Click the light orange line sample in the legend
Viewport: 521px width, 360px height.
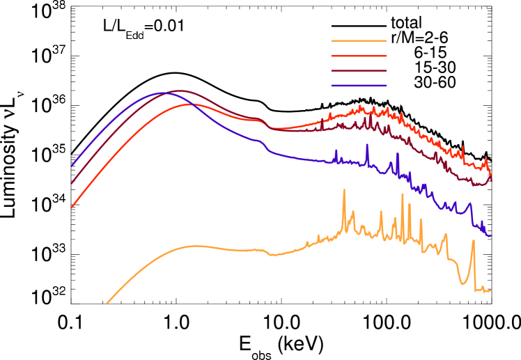[x=359, y=40]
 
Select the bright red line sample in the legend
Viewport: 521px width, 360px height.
[x=359, y=56]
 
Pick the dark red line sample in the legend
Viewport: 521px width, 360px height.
[x=359, y=70]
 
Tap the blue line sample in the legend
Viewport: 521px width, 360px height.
[x=359, y=86]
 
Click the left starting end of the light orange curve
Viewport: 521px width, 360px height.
[x=107, y=304]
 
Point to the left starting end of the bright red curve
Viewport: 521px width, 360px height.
[x=72, y=208]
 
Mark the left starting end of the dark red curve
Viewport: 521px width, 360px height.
[x=72, y=183]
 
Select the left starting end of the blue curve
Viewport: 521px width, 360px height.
[x=72, y=166]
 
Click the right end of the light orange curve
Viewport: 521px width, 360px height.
[x=491, y=290]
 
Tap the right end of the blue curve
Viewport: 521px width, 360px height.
[x=491, y=236]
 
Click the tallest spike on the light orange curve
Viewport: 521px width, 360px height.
[x=343, y=189]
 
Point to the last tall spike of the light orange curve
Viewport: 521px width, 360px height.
[x=473, y=241]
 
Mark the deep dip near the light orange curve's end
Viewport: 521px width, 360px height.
[x=463, y=283]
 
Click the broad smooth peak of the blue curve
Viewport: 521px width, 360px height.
[x=164, y=92]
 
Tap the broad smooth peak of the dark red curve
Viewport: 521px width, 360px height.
[x=181, y=91]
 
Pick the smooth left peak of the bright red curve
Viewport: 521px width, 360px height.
[x=192, y=104]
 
